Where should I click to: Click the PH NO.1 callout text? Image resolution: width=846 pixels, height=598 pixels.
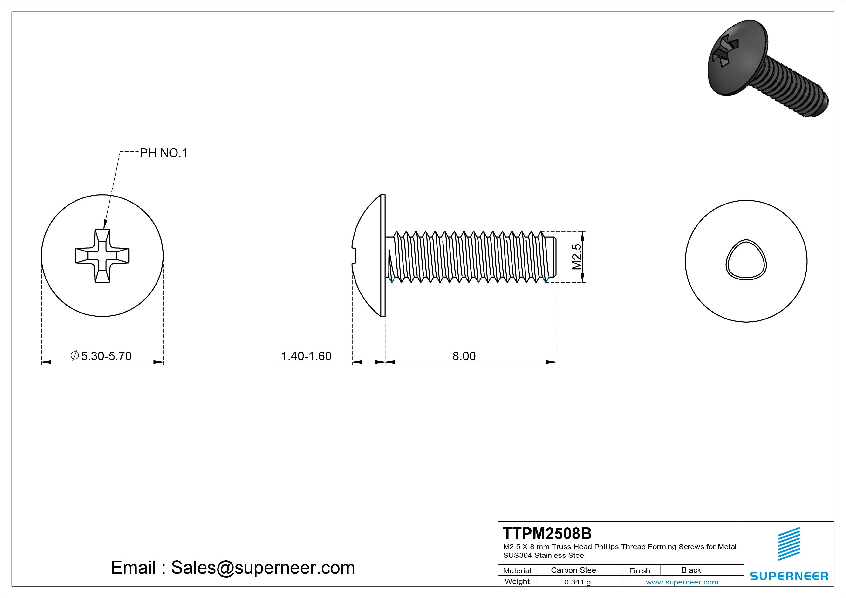[x=164, y=153]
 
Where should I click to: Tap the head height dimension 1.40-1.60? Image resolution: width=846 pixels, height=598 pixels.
[x=306, y=356]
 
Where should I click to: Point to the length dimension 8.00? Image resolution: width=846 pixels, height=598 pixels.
[x=464, y=356]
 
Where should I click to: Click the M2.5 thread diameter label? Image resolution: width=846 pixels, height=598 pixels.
[x=577, y=257]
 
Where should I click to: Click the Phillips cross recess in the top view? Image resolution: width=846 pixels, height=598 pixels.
[x=102, y=255]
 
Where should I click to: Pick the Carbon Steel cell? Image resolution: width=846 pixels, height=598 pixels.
[x=574, y=570]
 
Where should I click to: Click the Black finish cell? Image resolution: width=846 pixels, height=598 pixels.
[x=691, y=570]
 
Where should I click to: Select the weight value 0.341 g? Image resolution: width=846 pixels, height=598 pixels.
[x=577, y=582]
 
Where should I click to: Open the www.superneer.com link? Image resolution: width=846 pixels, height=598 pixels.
[x=682, y=582]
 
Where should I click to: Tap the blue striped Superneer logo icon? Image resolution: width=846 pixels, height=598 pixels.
[x=789, y=544]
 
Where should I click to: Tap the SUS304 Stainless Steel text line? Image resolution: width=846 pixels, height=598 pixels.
[x=544, y=555]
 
